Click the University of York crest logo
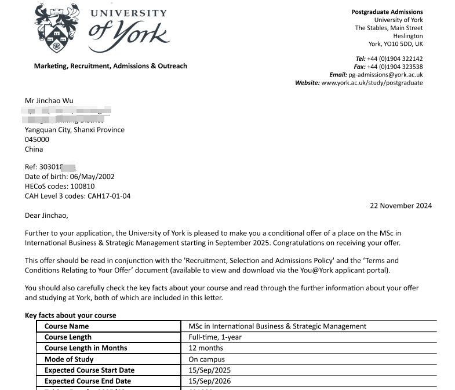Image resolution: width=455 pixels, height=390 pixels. pyautogui.click(x=56, y=28)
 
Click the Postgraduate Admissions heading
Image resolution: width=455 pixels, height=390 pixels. pyautogui.click(x=387, y=12)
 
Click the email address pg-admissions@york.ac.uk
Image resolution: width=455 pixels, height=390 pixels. pyautogui.click(x=385, y=75)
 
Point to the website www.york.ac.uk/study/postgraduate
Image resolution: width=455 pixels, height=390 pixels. pyautogui.click(x=372, y=83)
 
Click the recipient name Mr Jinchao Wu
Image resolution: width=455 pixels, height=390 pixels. pyautogui.click(x=49, y=101)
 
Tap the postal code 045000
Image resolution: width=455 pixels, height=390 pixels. pyautogui.click(x=37, y=140)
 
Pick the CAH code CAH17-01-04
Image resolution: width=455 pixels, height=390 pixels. pyautogui.click(x=109, y=196)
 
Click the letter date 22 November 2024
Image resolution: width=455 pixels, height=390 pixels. pyautogui.click(x=401, y=206)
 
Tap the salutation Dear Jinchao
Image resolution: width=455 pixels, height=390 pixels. pyautogui.click(x=46, y=216)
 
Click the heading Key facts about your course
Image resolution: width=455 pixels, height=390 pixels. pyautogui.click(x=70, y=316)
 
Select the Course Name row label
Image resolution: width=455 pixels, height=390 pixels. pyautogui.click(x=67, y=326)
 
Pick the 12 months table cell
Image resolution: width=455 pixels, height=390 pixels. pyautogui.click(x=206, y=348)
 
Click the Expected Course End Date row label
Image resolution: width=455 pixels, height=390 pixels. pyautogui.click(x=88, y=381)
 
